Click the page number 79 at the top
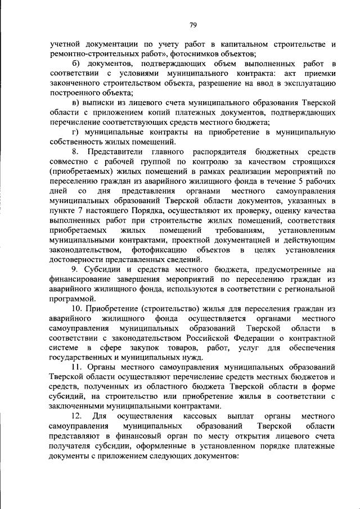pyautogui.click(x=192, y=25)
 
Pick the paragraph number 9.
pyautogui.click(x=75, y=269)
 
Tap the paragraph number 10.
pyautogui.click(x=77, y=308)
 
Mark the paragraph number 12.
pyautogui.click(x=78, y=416)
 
